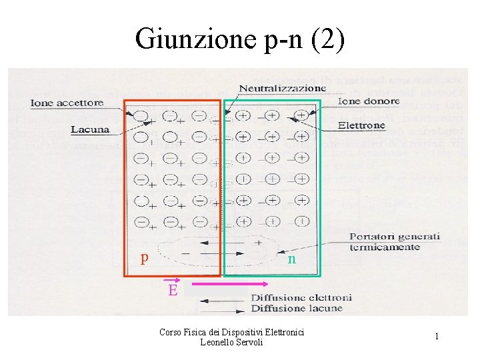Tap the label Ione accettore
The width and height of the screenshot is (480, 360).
coord(67,103)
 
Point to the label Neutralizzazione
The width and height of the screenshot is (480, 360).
coord(282,88)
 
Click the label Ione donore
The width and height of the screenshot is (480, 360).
coord(369,101)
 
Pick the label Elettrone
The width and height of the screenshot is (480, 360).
coord(361,125)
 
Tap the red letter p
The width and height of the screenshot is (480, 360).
coord(144,257)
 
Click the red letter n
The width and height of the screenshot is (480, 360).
coord(291,259)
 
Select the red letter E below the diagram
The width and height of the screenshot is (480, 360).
coord(173,290)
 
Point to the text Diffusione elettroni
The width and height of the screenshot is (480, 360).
coord(296,297)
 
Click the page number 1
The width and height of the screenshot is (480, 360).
coord(437,337)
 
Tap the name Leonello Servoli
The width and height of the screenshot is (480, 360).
coord(231,342)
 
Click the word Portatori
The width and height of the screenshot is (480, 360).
coord(374,237)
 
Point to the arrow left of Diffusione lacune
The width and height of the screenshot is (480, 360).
coord(223,309)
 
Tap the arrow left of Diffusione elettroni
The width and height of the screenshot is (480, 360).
coord(223,298)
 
